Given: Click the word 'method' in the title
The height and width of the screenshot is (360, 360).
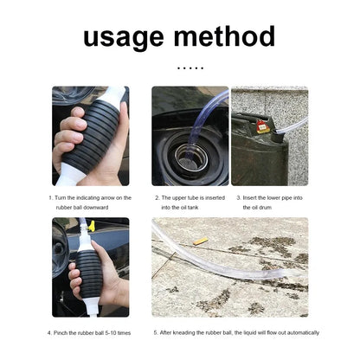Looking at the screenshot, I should pos(224,36).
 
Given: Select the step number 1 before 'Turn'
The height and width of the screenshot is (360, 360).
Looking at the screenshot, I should pos(50,197).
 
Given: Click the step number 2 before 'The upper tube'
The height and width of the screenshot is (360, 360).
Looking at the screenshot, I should pos(157,197).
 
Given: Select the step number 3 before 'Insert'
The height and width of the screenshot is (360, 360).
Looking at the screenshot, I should pos(238,197).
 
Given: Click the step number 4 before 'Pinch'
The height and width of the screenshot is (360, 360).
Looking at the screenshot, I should pos(55,332).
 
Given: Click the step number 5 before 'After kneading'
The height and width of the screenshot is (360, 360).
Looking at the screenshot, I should pos(156,332).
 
